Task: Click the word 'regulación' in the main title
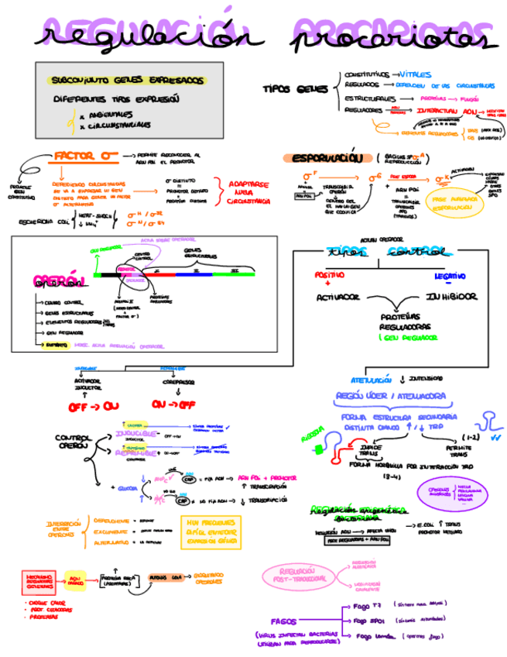point(143,36)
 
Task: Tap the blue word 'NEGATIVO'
point(450,275)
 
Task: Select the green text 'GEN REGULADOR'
point(409,338)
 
